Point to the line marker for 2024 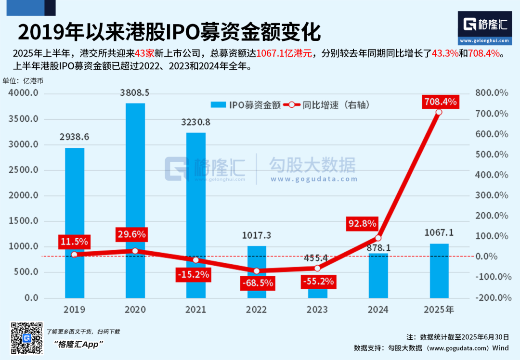pos(378,238)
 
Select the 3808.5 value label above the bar pos(135,92)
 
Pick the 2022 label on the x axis pos(256,309)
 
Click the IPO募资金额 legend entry pos(246,105)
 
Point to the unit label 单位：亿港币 pos(23,80)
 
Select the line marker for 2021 pos(195,260)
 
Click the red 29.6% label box pos(131,234)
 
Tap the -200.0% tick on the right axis pos(492,297)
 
